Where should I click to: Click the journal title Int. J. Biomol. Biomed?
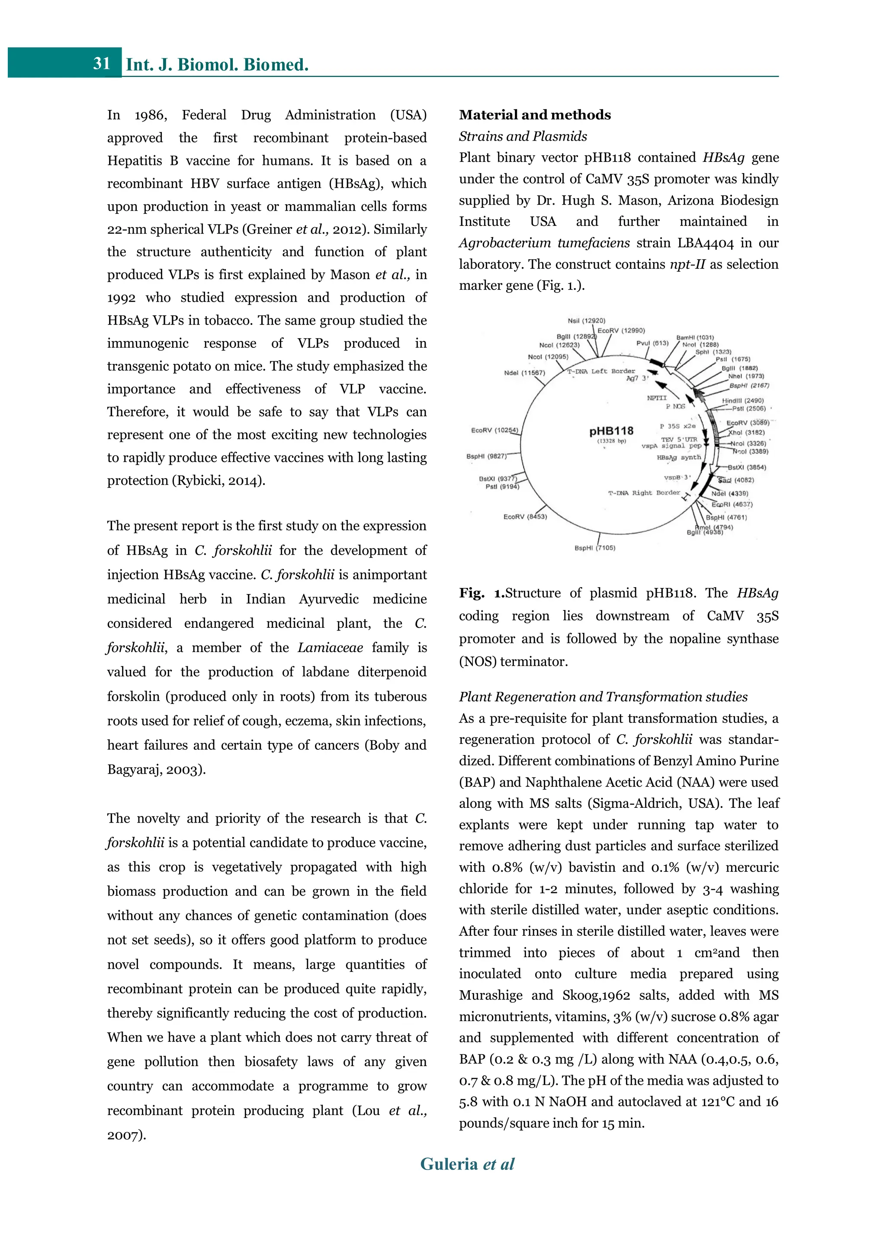(217, 64)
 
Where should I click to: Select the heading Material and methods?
(534, 115)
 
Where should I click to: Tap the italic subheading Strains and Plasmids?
(523, 136)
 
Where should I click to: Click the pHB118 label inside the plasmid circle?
(611, 431)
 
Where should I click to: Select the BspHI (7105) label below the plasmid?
(595, 548)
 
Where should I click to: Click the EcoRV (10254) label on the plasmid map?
(494, 431)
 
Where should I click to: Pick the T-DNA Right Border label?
(644, 493)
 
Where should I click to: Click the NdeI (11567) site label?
(524, 373)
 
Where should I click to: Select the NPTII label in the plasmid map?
(656, 398)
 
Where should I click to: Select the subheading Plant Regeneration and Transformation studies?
(603, 697)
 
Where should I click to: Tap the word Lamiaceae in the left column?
(330, 648)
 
